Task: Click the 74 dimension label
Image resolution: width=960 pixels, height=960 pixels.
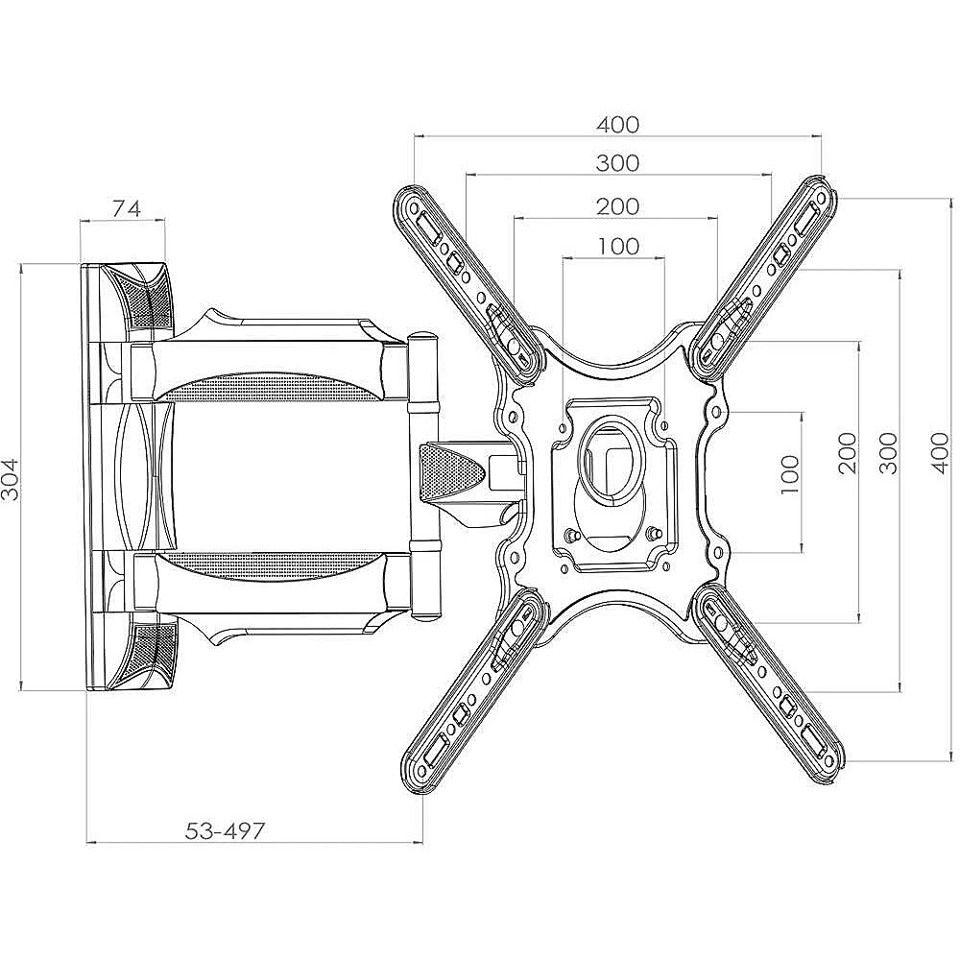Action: click(127, 208)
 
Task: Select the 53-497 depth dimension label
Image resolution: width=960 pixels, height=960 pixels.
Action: click(225, 830)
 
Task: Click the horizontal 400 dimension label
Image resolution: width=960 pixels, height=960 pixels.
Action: click(617, 124)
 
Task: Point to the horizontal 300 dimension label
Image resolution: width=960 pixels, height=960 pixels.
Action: click(617, 163)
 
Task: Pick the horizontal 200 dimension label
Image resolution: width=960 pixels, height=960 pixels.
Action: click(617, 206)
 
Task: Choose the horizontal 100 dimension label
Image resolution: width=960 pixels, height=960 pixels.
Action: click(617, 246)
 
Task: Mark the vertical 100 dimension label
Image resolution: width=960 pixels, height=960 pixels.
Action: click(790, 474)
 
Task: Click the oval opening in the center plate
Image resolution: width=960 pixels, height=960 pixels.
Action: click(612, 456)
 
